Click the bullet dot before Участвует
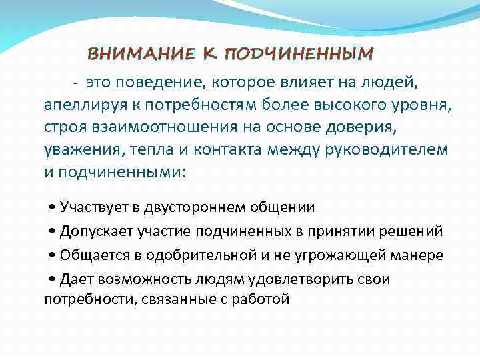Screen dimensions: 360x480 (x=53, y=208)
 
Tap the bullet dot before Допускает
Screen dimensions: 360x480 (x=53, y=232)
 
